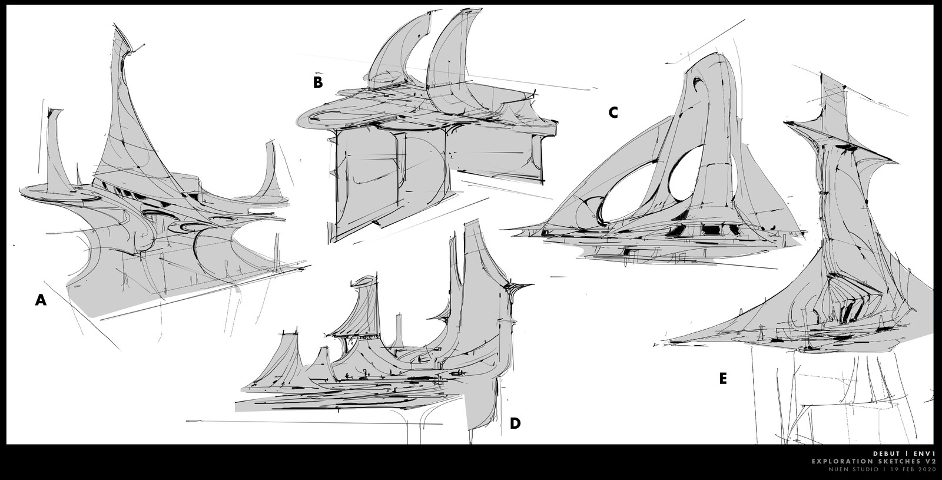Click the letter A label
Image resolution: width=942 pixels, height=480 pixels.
pyautogui.click(x=41, y=300)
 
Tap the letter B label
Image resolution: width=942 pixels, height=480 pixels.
pyautogui.click(x=318, y=82)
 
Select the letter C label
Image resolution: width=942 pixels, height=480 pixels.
pyautogui.click(x=613, y=112)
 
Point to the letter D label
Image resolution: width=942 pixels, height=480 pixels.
pyautogui.click(x=515, y=423)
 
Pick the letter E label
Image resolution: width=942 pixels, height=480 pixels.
pyautogui.click(x=723, y=379)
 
